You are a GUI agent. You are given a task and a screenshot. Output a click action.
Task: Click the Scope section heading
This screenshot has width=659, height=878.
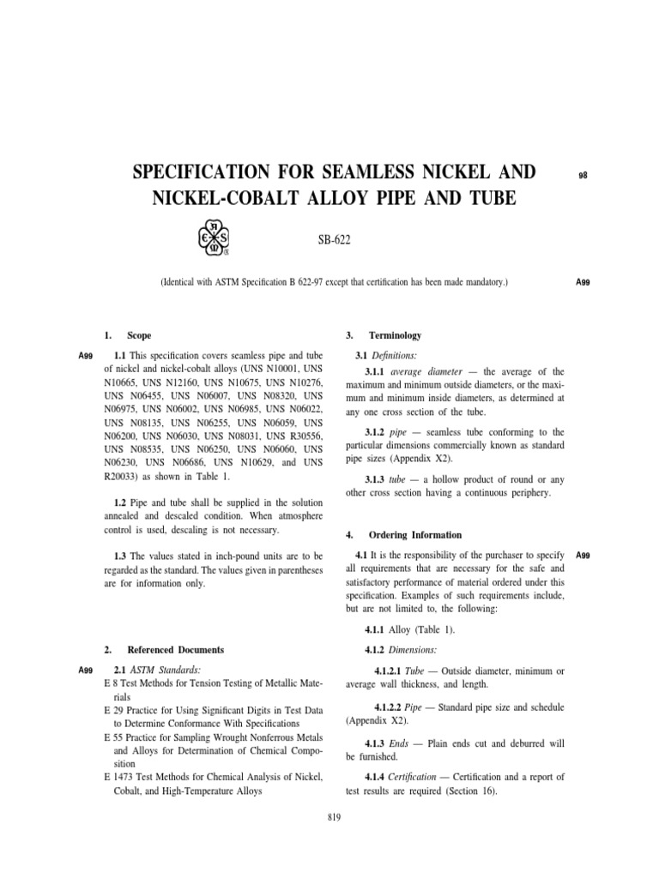point(138,335)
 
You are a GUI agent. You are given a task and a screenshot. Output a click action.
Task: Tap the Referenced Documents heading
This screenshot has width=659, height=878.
point(175,650)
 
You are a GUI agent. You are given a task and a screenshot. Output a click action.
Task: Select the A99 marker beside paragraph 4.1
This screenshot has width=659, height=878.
point(583,556)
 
